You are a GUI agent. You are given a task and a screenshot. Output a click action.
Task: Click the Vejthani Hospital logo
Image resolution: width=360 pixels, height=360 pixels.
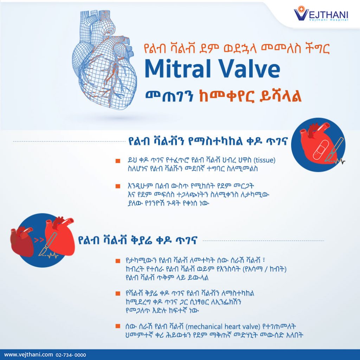[x=321, y=14]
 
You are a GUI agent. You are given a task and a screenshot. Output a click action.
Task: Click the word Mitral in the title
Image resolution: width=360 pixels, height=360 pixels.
[x=178, y=69]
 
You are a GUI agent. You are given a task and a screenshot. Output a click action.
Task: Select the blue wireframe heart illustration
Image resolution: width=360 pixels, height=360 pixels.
[x=105, y=59]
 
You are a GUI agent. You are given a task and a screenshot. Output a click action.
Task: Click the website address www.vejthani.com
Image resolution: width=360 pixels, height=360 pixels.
[x=28, y=354]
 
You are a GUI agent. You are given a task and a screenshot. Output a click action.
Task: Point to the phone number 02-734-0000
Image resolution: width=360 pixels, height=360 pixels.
[x=71, y=355]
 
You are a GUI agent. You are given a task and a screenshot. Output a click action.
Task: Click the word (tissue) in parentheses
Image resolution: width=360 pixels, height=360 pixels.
[x=264, y=160]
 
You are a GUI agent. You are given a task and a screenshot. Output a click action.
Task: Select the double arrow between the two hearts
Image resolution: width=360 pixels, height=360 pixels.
[x=39, y=240]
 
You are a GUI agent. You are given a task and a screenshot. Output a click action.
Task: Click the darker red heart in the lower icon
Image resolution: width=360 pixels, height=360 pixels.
[x=22, y=242]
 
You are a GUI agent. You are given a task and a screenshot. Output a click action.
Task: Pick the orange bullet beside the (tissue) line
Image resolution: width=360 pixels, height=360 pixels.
[x=118, y=161]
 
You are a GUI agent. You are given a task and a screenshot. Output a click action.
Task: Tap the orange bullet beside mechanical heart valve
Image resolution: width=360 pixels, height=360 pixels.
[x=118, y=326]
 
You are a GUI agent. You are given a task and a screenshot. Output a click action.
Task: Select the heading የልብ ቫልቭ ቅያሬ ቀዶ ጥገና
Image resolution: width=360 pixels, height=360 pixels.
[x=137, y=240]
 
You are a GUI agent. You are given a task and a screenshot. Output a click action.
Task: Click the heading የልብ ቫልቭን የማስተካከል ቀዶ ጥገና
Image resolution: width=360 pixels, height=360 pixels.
[x=208, y=141]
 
